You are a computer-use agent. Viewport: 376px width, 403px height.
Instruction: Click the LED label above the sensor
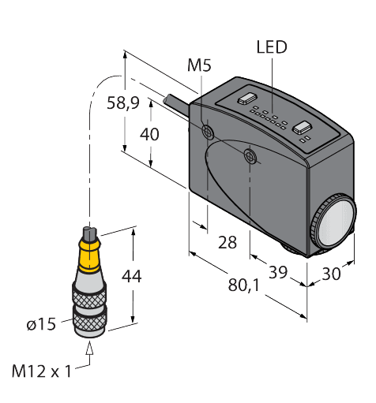(x=272, y=48)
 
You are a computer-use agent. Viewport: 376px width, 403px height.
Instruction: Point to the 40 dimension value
(x=149, y=134)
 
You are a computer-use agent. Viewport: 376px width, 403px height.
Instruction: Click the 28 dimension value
(x=227, y=243)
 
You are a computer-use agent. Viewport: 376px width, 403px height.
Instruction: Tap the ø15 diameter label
(x=41, y=323)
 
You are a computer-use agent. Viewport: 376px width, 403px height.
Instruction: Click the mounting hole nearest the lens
(x=250, y=157)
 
